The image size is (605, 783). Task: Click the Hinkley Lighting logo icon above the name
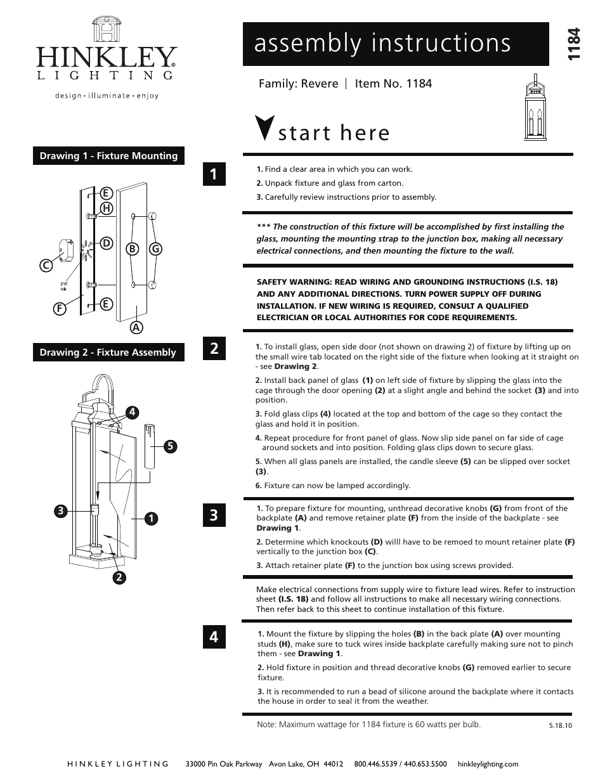coord(106,30)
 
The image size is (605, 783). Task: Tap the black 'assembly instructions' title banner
coord(395,44)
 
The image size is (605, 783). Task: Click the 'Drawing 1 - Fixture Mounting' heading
coord(108,156)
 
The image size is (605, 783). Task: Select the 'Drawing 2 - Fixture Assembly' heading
coord(108,353)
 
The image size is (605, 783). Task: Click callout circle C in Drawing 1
coord(46,267)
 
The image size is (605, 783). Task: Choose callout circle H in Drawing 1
coord(106,208)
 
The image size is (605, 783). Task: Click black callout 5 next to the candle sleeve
coord(169,446)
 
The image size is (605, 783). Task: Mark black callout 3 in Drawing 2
coord(60,510)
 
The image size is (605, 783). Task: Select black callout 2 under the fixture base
coord(119,577)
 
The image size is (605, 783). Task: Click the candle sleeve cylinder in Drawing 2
coord(150,446)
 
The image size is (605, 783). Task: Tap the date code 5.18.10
coord(560,726)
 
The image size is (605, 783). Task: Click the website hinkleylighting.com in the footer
coord(488,764)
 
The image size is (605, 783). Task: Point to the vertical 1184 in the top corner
coord(574,44)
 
